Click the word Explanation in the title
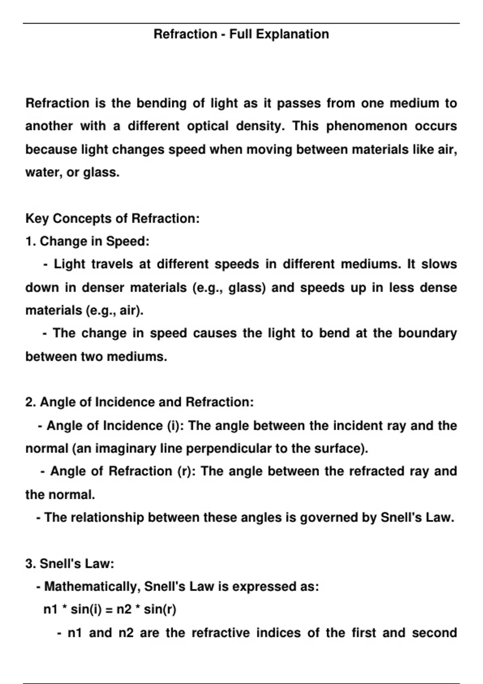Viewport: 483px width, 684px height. [x=292, y=34]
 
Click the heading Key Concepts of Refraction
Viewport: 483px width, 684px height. [x=112, y=218]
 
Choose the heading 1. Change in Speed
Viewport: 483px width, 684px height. [x=87, y=241]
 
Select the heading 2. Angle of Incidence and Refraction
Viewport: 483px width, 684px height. [x=139, y=402]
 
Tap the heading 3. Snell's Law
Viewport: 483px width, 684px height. [x=70, y=564]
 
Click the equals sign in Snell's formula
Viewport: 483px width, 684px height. [x=109, y=610]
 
